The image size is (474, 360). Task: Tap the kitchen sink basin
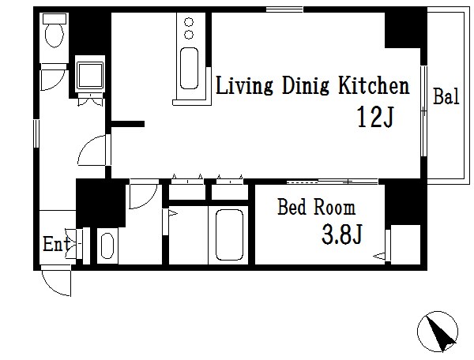pyautogui.click(x=190, y=68)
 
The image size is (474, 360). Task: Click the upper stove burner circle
pyautogui.click(x=189, y=22)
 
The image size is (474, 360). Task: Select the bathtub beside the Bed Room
pyautogui.click(x=229, y=234)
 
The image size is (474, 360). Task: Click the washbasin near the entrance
pyautogui.click(x=107, y=246)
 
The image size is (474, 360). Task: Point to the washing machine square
pyautogui.click(x=90, y=75)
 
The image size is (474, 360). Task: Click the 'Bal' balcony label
pyautogui.click(x=446, y=96)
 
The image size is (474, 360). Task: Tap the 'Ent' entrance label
pyautogui.click(x=56, y=244)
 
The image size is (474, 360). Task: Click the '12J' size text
pyautogui.click(x=375, y=117)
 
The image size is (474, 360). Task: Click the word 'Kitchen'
pyautogui.click(x=374, y=86)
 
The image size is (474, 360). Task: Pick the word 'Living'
pyautogui.click(x=244, y=87)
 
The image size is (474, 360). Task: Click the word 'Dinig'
pyautogui.click(x=305, y=87)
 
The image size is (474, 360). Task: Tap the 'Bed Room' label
pyautogui.click(x=316, y=207)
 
